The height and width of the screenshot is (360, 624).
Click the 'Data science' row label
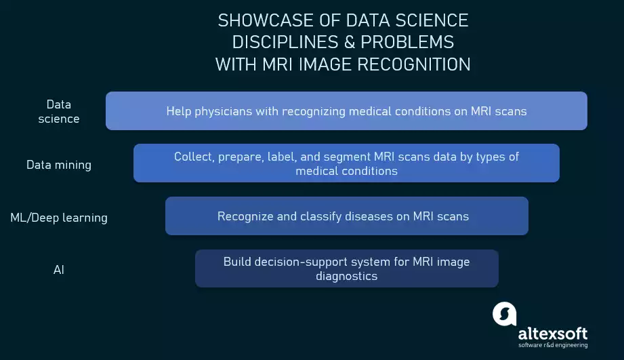[x=59, y=111]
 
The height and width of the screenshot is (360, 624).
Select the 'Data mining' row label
[x=59, y=165]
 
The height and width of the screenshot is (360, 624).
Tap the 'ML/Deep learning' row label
[x=59, y=218]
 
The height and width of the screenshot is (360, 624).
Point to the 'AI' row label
[x=58, y=270]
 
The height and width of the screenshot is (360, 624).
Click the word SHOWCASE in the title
[x=265, y=21]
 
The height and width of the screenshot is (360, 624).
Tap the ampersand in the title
[x=350, y=42]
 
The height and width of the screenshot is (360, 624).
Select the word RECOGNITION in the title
[x=414, y=64]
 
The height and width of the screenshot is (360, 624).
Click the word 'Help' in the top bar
[x=179, y=111]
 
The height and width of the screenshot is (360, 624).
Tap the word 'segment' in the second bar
[x=347, y=157]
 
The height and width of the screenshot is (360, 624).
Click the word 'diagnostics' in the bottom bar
[x=347, y=276]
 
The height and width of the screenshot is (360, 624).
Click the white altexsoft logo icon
[x=505, y=314]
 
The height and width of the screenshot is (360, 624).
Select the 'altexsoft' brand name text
[x=553, y=334]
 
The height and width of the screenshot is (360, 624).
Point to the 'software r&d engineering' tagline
[x=553, y=345]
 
